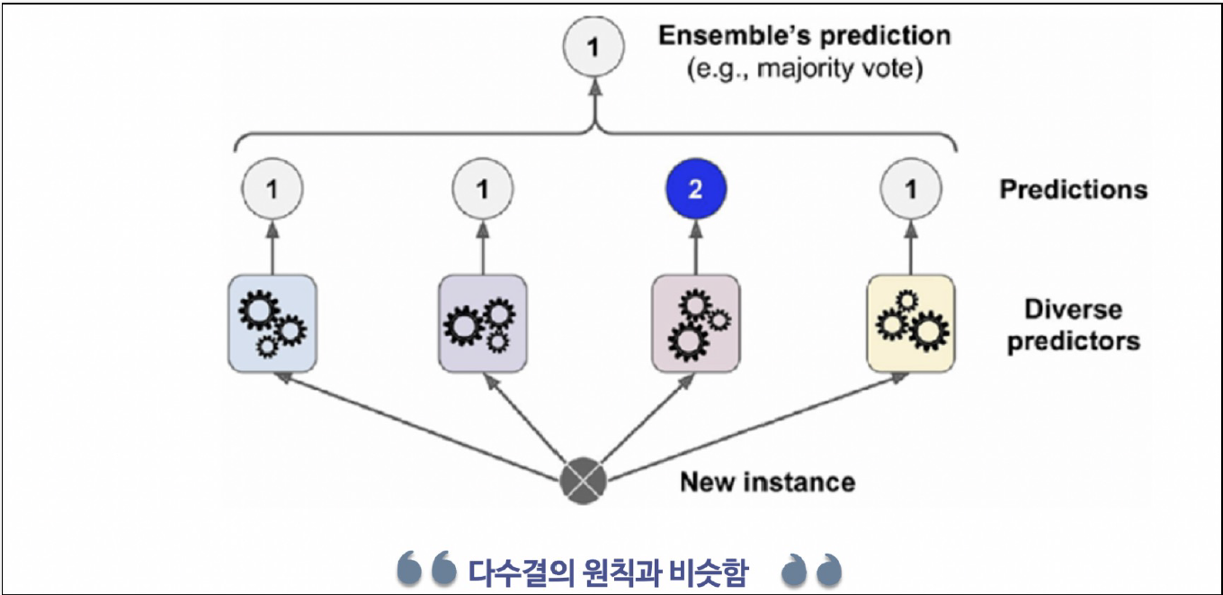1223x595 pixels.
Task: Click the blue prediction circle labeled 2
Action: (695, 191)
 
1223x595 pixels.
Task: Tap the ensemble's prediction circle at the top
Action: (592, 48)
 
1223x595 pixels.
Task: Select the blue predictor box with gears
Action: (272, 324)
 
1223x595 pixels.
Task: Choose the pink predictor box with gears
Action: (695, 324)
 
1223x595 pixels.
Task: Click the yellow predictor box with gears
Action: (909, 324)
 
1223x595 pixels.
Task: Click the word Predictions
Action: (1073, 190)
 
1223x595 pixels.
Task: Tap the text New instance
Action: (766, 482)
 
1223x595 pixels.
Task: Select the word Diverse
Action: (1073, 310)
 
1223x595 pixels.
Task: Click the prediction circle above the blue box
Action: (272, 191)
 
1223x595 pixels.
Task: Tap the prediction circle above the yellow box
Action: (909, 191)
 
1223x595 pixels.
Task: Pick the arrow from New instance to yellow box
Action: (755, 423)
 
